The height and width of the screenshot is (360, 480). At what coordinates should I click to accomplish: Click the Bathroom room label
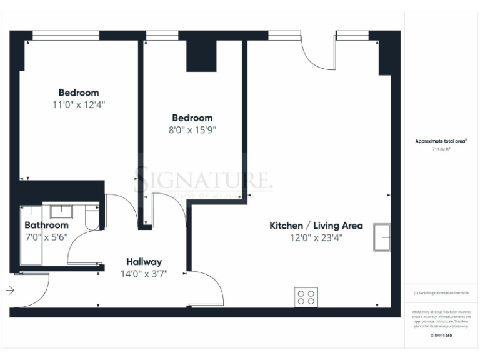46,225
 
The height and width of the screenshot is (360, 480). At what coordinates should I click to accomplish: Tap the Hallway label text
144,262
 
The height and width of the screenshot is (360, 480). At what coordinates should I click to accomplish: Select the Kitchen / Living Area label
307,225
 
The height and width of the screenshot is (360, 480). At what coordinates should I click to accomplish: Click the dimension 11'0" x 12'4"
79,104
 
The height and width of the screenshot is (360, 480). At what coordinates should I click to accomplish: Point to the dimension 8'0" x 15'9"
192,130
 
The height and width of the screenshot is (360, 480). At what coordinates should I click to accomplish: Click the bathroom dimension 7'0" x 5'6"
46,237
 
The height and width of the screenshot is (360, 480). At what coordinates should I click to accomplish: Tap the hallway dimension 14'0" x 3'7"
144,274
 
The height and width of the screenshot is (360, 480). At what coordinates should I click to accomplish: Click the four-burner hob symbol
306,297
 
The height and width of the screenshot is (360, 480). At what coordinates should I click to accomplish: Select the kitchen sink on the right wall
381,237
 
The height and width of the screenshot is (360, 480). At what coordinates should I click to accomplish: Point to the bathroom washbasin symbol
61,212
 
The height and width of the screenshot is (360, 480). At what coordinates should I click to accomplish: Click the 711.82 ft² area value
441,149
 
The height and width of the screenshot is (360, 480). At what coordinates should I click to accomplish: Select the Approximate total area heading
441,141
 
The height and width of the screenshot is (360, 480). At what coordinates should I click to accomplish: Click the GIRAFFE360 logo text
441,336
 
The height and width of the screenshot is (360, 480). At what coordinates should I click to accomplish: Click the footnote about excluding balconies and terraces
441,292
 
